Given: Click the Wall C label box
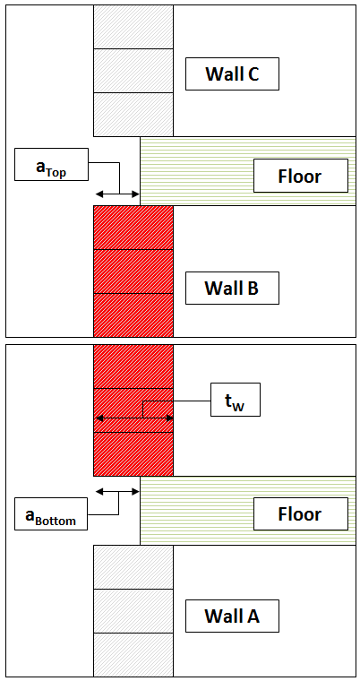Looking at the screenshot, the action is pyautogui.click(x=232, y=73).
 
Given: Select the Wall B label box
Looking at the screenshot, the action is pyautogui.click(x=232, y=288).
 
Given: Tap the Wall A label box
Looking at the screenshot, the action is pyautogui.click(x=232, y=616).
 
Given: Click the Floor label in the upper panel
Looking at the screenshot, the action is pyautogui.click(x=301, y=176).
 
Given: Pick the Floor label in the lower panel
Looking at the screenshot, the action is pyautogui.click(x=301, y=513).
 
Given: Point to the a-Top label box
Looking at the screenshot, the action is pyautogui.click(x=51, y=164).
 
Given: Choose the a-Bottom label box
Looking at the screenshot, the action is pyautogui.click(x=51, y=513).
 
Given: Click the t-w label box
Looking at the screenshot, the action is pyautogui.click(x=236, y=400).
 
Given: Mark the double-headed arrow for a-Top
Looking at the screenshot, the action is pyautogui.click(x=117, y=194).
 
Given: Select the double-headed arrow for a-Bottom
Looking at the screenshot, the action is pyautogui.click(x=117, y=492).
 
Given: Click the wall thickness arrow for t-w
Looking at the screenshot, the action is pyautogui.click(x=133, y=418).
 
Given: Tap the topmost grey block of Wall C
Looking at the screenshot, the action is pyautogui.click(x=133, y=27).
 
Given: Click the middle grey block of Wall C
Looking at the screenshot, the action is pyautogui.click(x=133, y=71).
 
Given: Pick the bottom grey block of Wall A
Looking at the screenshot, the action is pyautogui.click(x=133, y=654).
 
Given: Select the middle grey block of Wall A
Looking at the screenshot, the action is pyautogui.click(x=133, y=611).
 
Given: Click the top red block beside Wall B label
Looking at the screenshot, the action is pyautogui.click(x=133, y=228).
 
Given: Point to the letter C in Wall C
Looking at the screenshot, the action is pyautogui.click(x=253, y=74).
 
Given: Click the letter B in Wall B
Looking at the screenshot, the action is pyautogui.click(x=252, y=288).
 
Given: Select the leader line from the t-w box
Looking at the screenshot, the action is pyautogui.click(x=176, y=401).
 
